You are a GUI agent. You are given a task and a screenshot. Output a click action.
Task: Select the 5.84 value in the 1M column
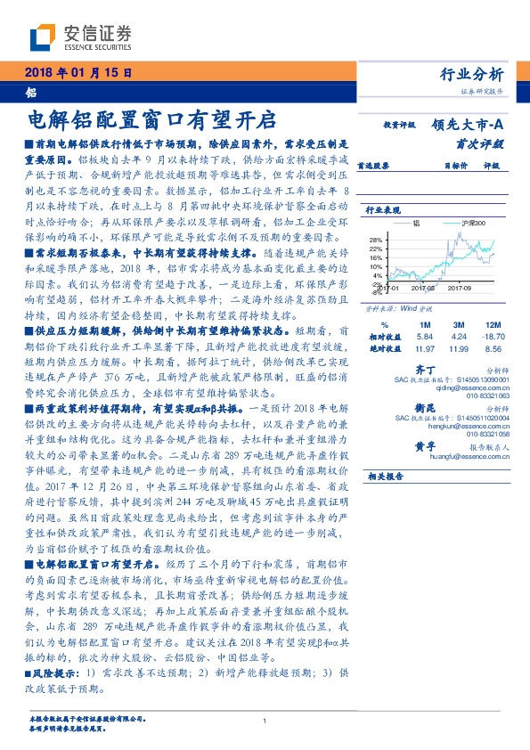424,338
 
